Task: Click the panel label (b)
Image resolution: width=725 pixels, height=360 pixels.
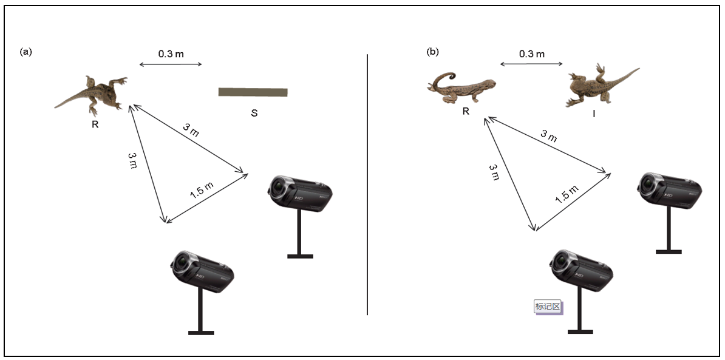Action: click(433, 52)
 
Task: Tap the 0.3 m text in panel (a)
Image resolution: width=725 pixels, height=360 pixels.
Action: click(171, 53)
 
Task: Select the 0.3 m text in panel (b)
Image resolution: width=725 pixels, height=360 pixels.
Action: click(532, 53)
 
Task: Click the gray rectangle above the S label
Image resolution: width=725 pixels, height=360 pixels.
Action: click(253, 92)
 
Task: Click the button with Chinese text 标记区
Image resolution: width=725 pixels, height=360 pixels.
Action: click(548, 307)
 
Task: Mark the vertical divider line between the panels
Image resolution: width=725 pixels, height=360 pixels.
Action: click(367, 185)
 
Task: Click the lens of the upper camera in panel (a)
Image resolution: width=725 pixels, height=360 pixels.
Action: click(279, 187)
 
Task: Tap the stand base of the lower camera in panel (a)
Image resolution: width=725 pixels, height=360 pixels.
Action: click(201, 333)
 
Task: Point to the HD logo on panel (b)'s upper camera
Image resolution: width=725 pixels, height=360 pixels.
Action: click(668, 194)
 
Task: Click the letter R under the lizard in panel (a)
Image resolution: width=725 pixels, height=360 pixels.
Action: click(95, 124)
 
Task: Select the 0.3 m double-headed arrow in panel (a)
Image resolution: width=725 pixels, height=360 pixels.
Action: click(171, 64)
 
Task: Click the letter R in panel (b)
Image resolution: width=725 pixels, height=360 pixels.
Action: click(466, 111)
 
